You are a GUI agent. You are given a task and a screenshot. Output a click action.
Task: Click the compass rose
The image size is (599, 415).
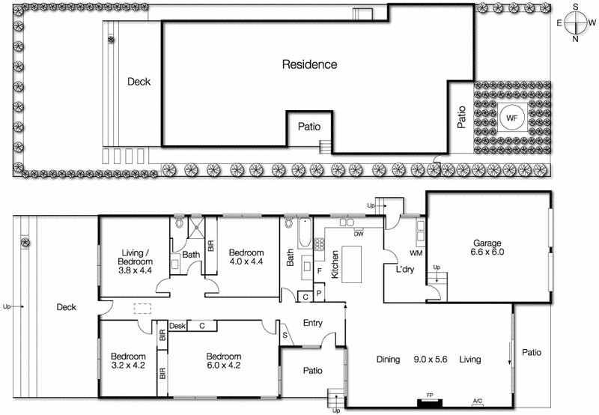(575, 22)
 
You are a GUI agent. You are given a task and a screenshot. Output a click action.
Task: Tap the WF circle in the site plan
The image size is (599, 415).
(512, 118)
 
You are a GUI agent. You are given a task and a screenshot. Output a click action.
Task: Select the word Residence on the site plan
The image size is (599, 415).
(309, 64)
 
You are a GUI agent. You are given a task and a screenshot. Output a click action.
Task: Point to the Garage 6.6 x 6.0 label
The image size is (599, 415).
(488, 247)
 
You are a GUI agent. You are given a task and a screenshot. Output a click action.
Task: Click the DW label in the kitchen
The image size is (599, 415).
(358, 233)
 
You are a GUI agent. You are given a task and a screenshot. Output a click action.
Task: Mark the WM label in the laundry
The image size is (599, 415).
(417, 253)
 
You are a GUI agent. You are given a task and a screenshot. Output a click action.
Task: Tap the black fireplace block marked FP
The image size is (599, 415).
(430, 402)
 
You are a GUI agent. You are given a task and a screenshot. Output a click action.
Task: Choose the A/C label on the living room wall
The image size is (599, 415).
(478, 402)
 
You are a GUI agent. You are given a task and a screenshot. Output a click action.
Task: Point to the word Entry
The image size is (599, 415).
(312, 323)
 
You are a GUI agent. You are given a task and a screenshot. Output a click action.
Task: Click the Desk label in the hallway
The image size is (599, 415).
(177, 326)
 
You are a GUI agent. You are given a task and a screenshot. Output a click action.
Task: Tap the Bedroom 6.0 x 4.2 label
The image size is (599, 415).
(225, 361)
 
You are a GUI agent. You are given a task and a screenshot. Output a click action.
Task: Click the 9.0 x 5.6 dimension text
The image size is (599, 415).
(430, 360)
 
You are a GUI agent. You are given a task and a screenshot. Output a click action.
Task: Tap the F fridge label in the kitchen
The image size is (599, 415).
(320, 270)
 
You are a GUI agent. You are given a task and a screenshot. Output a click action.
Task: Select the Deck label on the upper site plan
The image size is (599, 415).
(139, 82)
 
